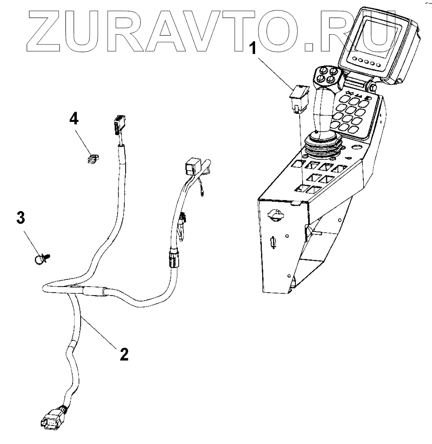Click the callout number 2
coord(123,353)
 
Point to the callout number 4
coord(74,119)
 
